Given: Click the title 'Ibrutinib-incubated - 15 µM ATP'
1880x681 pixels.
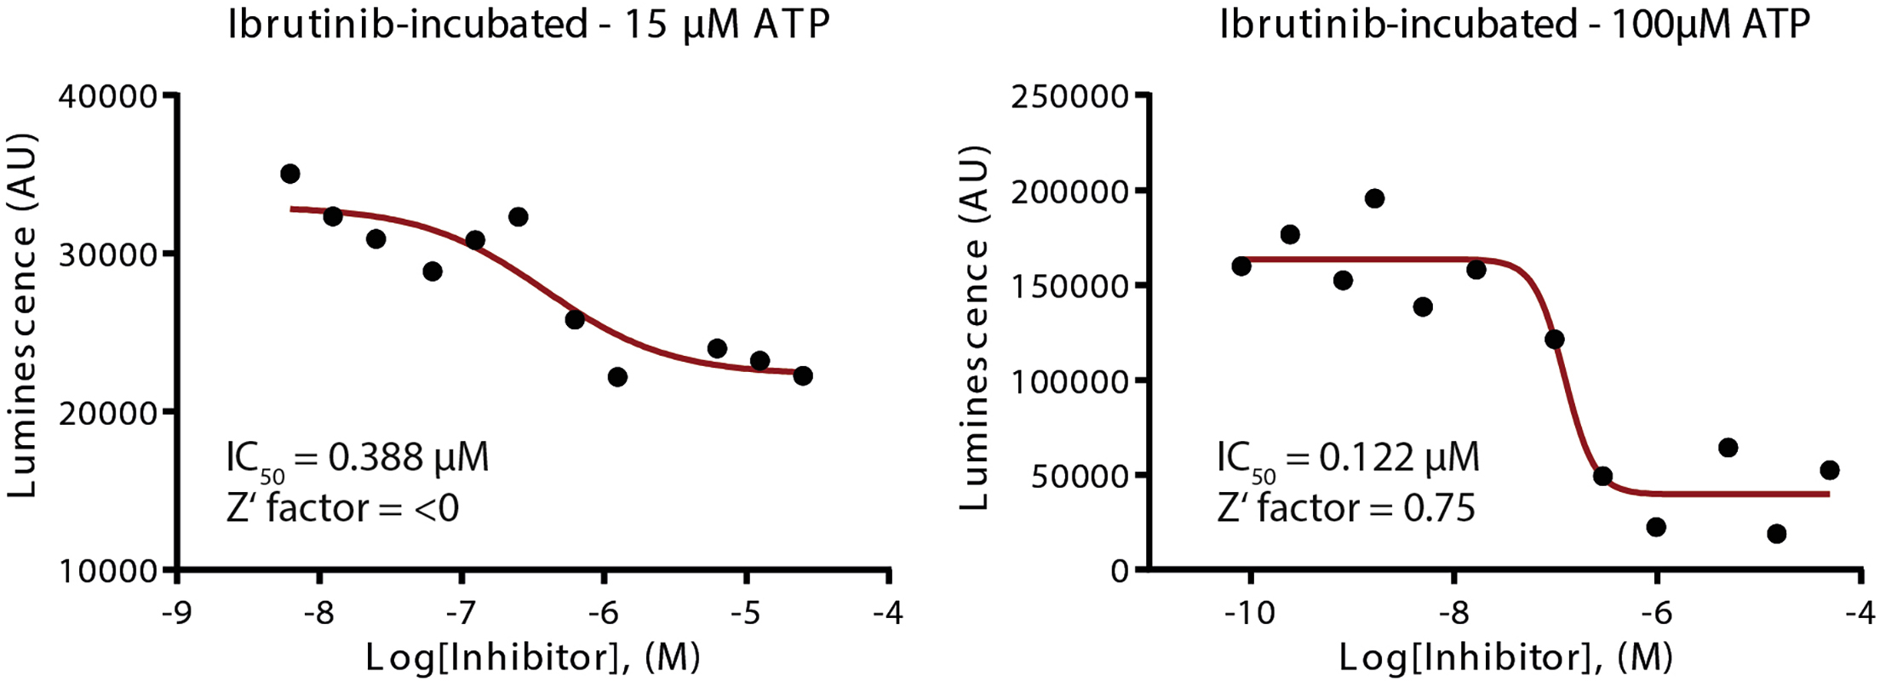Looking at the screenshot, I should [x=528, y=24].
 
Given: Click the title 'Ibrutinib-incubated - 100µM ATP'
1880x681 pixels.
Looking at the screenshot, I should [x=1514, y=24].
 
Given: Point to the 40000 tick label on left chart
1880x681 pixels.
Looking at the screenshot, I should [x=108, y=96].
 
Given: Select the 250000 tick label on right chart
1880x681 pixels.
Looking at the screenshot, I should [x=1069, y=96].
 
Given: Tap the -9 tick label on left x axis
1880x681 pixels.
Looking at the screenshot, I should [x=176, y=613].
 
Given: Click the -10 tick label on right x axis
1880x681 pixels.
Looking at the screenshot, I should [x=1249, y=613].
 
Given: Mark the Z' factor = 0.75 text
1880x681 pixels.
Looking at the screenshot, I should [x=1345, y=509].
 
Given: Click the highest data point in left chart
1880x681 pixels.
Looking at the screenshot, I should [x=289, y=174].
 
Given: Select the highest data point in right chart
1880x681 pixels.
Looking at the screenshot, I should [x=1374, y=198].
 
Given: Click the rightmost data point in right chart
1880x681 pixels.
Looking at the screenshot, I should [x=1829, y=470].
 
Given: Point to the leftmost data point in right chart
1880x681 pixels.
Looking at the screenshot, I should [x=1241, y=266].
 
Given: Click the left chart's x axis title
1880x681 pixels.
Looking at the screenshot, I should [x=533, y=657].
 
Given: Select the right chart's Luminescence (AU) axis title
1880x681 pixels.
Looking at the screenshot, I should [x=974, y=328].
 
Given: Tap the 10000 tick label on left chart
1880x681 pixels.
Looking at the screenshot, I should [x=108, y=570].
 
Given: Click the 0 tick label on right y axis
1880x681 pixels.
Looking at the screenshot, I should [x=1120, y=570].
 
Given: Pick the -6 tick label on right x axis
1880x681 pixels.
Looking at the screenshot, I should [x=1656, y=613].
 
